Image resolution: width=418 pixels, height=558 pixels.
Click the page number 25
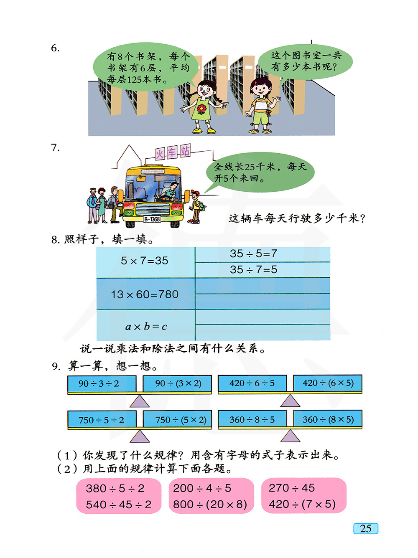pyautogui.click(x=365, y=529)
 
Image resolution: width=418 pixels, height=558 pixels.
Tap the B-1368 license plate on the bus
pyautogui.click(x=152, y=219)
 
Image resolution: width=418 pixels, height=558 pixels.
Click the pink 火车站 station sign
pyautogui.click(x=173, y=152)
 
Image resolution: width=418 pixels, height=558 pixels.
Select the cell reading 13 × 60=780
pyautogui.click(x=145, y=294)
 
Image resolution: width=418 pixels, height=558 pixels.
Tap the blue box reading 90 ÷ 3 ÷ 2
pyautogui.click(x=102, y=383)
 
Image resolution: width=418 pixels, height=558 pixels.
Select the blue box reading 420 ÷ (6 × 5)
pyautogui.click(x=328, y=383)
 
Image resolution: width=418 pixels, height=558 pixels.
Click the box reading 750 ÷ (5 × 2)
pyautogui.click(x=177, y=420)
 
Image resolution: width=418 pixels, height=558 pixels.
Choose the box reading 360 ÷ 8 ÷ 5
pyautogui.click(x=252, y=419)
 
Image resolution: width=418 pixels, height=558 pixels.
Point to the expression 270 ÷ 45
pyautogui.click(x=292, y=488)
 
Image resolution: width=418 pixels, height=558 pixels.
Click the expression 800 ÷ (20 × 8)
pyautogui.click(x=210, y=505)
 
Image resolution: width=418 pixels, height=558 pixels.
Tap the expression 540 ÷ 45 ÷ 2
pyautogui.click(x=119, y=505)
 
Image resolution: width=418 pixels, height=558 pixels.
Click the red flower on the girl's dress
pyautogui.click(x=201, y=109)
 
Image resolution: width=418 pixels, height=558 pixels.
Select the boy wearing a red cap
pyautogui.click(x=196, y=207)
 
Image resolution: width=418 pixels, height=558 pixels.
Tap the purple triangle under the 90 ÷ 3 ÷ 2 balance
pyautogui.click(x=140, y=401)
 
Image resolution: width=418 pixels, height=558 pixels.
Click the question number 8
pyautogui.click(x=55, y=240)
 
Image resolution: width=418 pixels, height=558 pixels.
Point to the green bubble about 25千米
pyautogui.click(x=260, y=172)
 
